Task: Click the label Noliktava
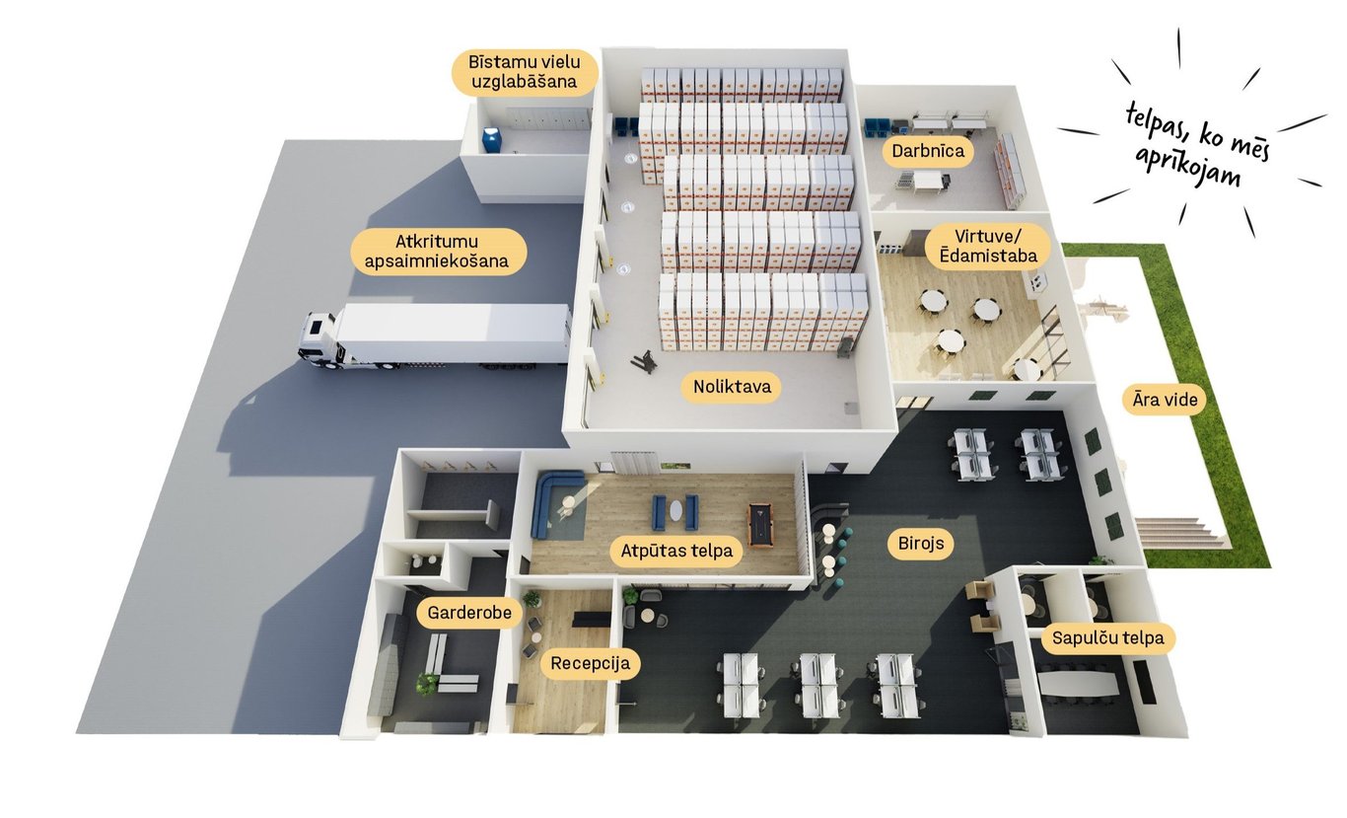pos(731,388)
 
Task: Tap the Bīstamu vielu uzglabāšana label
pos(525,72)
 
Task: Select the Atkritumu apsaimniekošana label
pos(438,252)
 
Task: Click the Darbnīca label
pos(927,152)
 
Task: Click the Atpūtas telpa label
pos(676,551)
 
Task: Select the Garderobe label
pos(468,613)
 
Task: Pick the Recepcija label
pos(590,663)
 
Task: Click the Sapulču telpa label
pos(1107,638)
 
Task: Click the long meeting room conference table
pos(1081,682)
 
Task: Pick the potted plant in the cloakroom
pos(426,682)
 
